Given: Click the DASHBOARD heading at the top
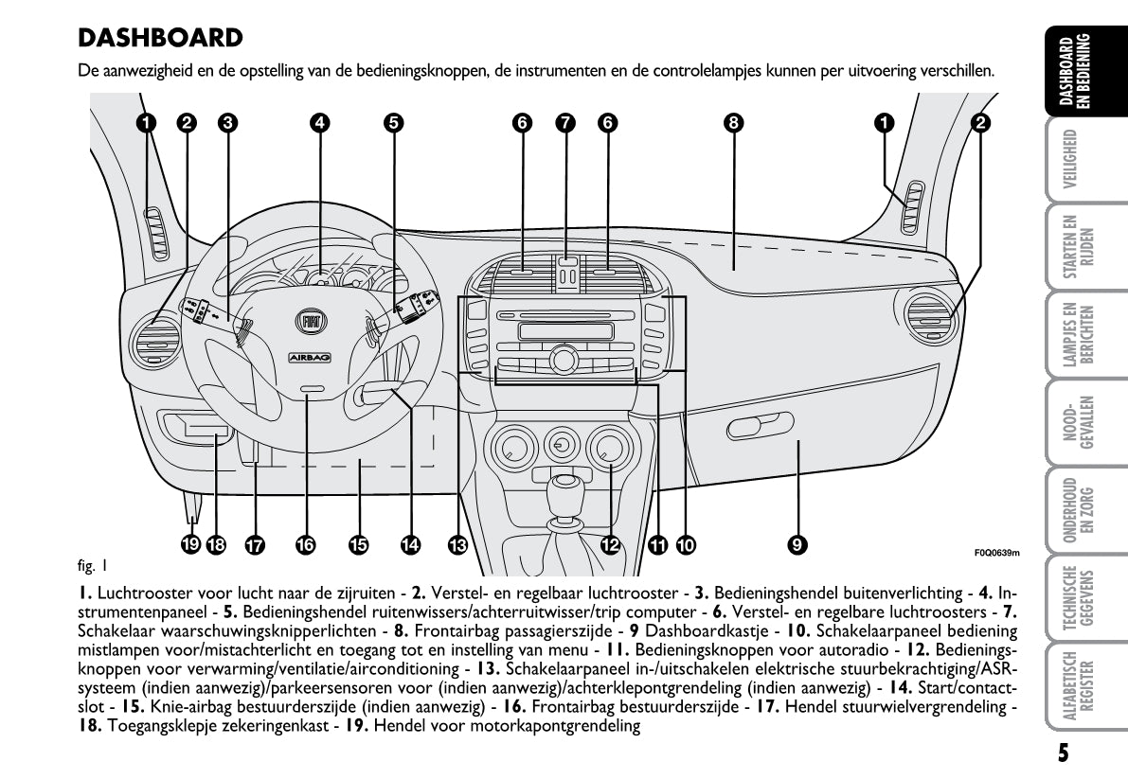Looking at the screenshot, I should (x=161, y=39).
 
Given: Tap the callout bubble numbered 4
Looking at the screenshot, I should (x=320, y=122).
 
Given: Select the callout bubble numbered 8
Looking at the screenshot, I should (x=732, y=122).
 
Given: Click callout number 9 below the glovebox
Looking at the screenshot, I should (x=797, y=544).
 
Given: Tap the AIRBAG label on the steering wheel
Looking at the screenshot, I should (x=309, y=358).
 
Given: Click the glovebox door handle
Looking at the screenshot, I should (x=761, y=429).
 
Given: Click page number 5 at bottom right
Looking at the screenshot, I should (x=1064, y=753).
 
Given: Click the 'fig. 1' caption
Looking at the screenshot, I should (x=92, y=567).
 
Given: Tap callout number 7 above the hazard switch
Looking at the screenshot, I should (x=565, y=122).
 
